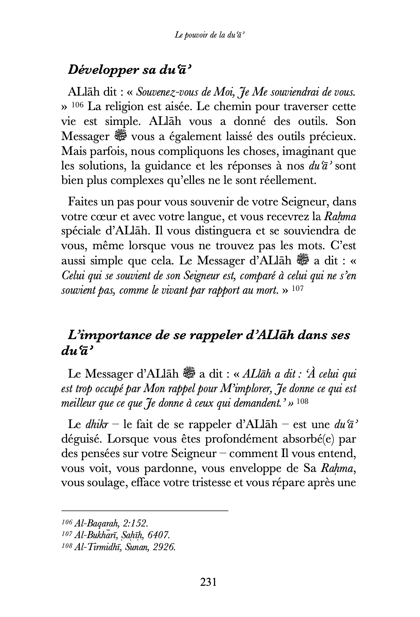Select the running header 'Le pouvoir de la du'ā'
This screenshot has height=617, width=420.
[x=210, y=36]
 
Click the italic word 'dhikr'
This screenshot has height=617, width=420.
[x=97, y=424]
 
